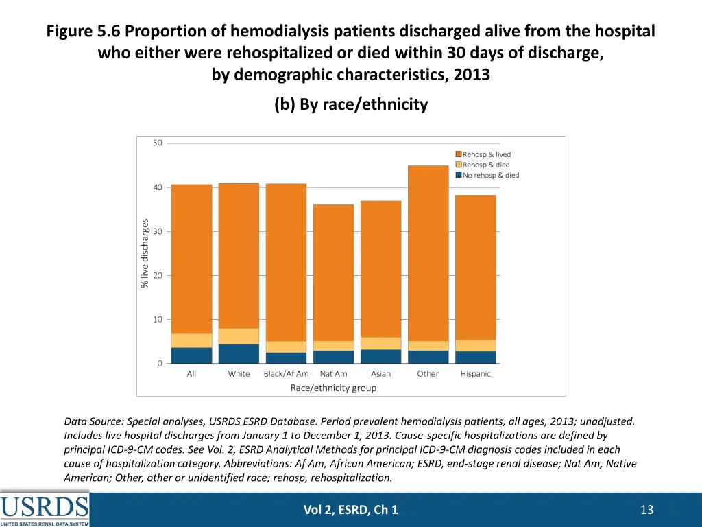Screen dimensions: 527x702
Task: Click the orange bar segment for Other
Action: pos(428,253)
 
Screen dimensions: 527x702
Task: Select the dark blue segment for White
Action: pos(239,353)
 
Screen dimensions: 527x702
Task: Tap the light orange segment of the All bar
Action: pos(191,340)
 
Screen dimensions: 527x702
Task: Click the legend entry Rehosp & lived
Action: pos(486,155)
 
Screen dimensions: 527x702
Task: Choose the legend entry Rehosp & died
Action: pos(486,165)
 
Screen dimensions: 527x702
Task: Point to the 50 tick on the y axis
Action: pos(158,143)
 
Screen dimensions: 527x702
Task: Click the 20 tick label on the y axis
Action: pos(158,275)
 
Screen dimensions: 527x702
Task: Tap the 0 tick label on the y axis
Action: pos(160,363)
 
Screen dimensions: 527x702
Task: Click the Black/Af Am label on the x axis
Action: pos(286,374)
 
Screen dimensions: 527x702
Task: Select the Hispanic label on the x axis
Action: pos(475,374)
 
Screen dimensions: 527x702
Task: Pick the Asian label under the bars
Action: pos(380,374)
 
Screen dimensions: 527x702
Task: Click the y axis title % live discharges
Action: pos(145,253)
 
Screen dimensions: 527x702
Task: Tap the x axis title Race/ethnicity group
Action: pos(333,388)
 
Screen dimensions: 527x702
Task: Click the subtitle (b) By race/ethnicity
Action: pos(351,104)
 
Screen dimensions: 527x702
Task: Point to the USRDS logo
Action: pos(45,509)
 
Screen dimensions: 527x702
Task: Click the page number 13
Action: pos(646,509)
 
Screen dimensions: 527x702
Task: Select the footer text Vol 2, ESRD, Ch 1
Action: pos(351,509)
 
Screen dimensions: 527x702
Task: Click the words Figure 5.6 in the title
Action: pos(84,32)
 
